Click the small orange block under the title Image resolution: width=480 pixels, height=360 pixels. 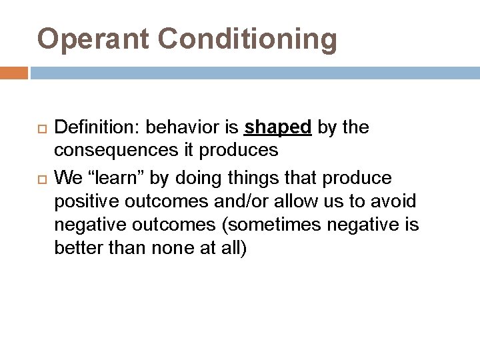point(14,72)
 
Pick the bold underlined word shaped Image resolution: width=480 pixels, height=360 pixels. point(279,127)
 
